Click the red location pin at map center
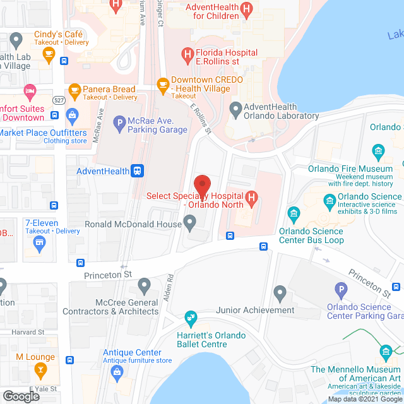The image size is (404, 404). click(202, 186)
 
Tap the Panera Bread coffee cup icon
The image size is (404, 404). click(74, 90)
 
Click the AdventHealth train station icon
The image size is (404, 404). click(137, 171)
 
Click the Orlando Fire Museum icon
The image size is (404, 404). click(378, 151)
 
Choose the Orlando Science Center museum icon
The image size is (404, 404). click(329, 202)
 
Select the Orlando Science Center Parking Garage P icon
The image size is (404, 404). click(342, 291)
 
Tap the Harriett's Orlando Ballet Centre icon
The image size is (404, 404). click(189, 317)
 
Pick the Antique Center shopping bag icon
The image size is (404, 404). click(117, 373)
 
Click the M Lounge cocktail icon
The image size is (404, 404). click(40, 369)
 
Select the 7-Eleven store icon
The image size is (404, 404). click(40, 244)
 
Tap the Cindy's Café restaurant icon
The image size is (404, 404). click(49, 54)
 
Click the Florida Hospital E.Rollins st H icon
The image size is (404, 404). click(187, 56)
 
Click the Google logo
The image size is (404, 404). click(21, 396)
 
